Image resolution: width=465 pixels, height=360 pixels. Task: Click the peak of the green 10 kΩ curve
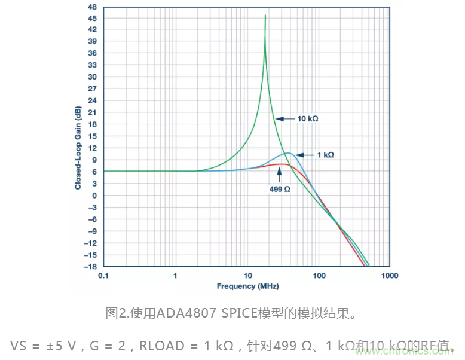pos(265,16)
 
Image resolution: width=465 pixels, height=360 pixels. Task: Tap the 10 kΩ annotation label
pos(308,119)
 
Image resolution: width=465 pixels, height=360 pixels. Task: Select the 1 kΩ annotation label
pos(325,155)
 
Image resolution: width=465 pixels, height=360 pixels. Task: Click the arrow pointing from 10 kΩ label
pos(285,119)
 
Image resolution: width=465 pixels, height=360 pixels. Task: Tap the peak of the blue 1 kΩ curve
pos(288,153)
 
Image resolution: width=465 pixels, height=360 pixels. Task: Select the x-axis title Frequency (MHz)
pos(247,286)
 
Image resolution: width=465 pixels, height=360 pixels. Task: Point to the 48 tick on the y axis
pos(92,7)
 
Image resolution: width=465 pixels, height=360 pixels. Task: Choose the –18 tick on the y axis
pos(90,267)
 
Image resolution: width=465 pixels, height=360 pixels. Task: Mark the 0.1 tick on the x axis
pos(103,276)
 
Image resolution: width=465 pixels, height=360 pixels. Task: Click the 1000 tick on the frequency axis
pos(390,276)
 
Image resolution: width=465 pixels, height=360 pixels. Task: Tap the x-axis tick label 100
pos(319,276)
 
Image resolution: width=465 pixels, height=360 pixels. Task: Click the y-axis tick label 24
pos(92,100)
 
